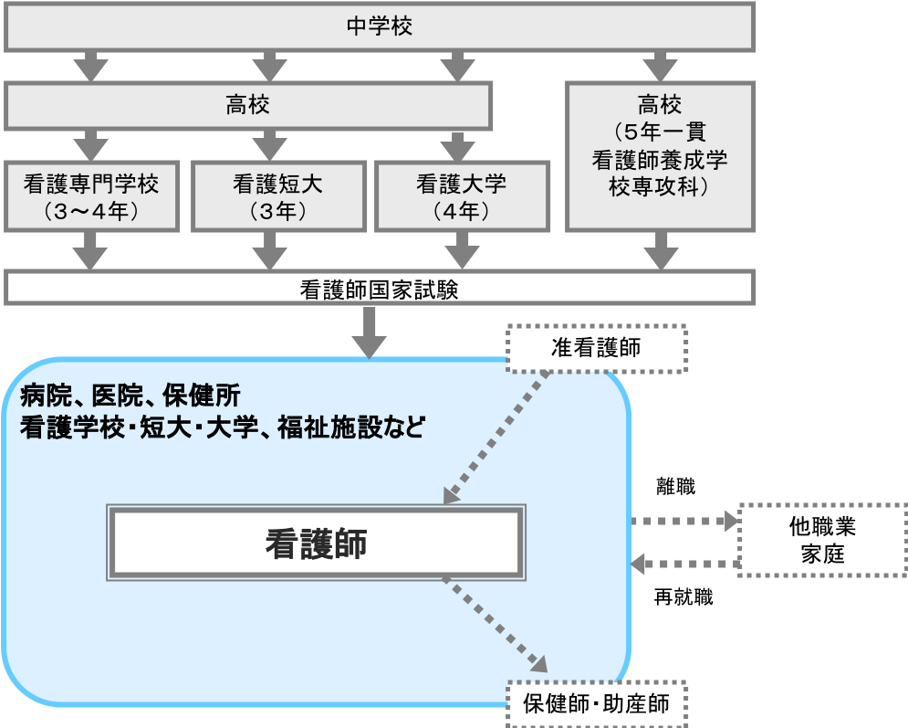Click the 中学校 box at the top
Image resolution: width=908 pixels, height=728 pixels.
tap(380, 26)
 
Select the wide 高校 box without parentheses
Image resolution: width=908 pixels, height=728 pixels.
tap(248, 105)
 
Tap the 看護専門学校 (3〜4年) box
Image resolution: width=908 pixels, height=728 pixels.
tap(91, 196)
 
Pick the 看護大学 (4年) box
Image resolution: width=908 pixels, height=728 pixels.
tap(461, 196)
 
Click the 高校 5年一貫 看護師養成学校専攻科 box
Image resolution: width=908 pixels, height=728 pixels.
tap(660, 155)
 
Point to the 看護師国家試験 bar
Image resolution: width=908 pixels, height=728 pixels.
tap(380, 289)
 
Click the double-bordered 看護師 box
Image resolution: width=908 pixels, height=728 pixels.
tap(316, 543)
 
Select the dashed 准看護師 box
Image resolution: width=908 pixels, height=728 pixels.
tap(595, 348)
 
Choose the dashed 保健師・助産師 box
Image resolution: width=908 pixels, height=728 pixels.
tap(595, 704)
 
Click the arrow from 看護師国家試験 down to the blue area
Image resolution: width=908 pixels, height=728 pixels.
tap(370, 332)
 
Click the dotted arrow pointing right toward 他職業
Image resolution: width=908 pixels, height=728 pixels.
tap(684, 522)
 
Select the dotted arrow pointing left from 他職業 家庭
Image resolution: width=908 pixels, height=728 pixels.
tap(684, 563)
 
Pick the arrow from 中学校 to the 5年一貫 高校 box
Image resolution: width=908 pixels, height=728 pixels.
tap(660, 66)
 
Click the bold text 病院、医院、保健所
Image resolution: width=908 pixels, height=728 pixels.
tap(130, 396)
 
